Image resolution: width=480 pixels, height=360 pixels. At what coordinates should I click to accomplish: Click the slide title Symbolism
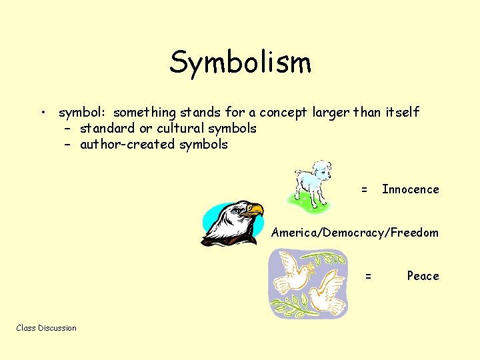point(240,62)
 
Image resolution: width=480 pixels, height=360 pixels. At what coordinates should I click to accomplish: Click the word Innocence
point(410,189)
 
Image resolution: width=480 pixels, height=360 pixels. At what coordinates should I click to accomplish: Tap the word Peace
point(423,276)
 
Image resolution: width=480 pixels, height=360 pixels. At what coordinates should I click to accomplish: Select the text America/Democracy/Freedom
point(355,233)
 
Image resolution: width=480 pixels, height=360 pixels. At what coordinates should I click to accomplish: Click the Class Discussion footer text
point(46,328)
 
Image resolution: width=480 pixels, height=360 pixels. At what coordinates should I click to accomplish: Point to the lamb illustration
point(312,183)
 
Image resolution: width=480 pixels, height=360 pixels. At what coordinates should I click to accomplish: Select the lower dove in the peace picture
point(327,295)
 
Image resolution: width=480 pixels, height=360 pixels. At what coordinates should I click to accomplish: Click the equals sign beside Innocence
point(364,190)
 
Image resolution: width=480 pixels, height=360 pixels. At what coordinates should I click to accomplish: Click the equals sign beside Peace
point(368,276)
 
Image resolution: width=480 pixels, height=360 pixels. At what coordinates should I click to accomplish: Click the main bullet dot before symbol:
point(42,113)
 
